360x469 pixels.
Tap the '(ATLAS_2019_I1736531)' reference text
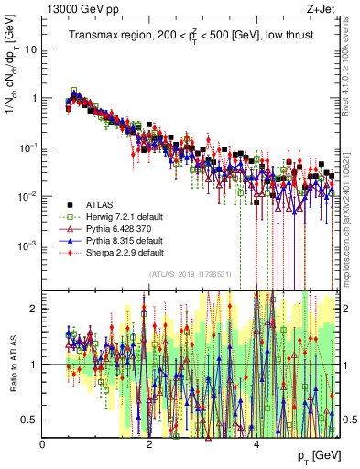point(190,274)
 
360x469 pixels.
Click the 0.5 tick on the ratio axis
point(29,419)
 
